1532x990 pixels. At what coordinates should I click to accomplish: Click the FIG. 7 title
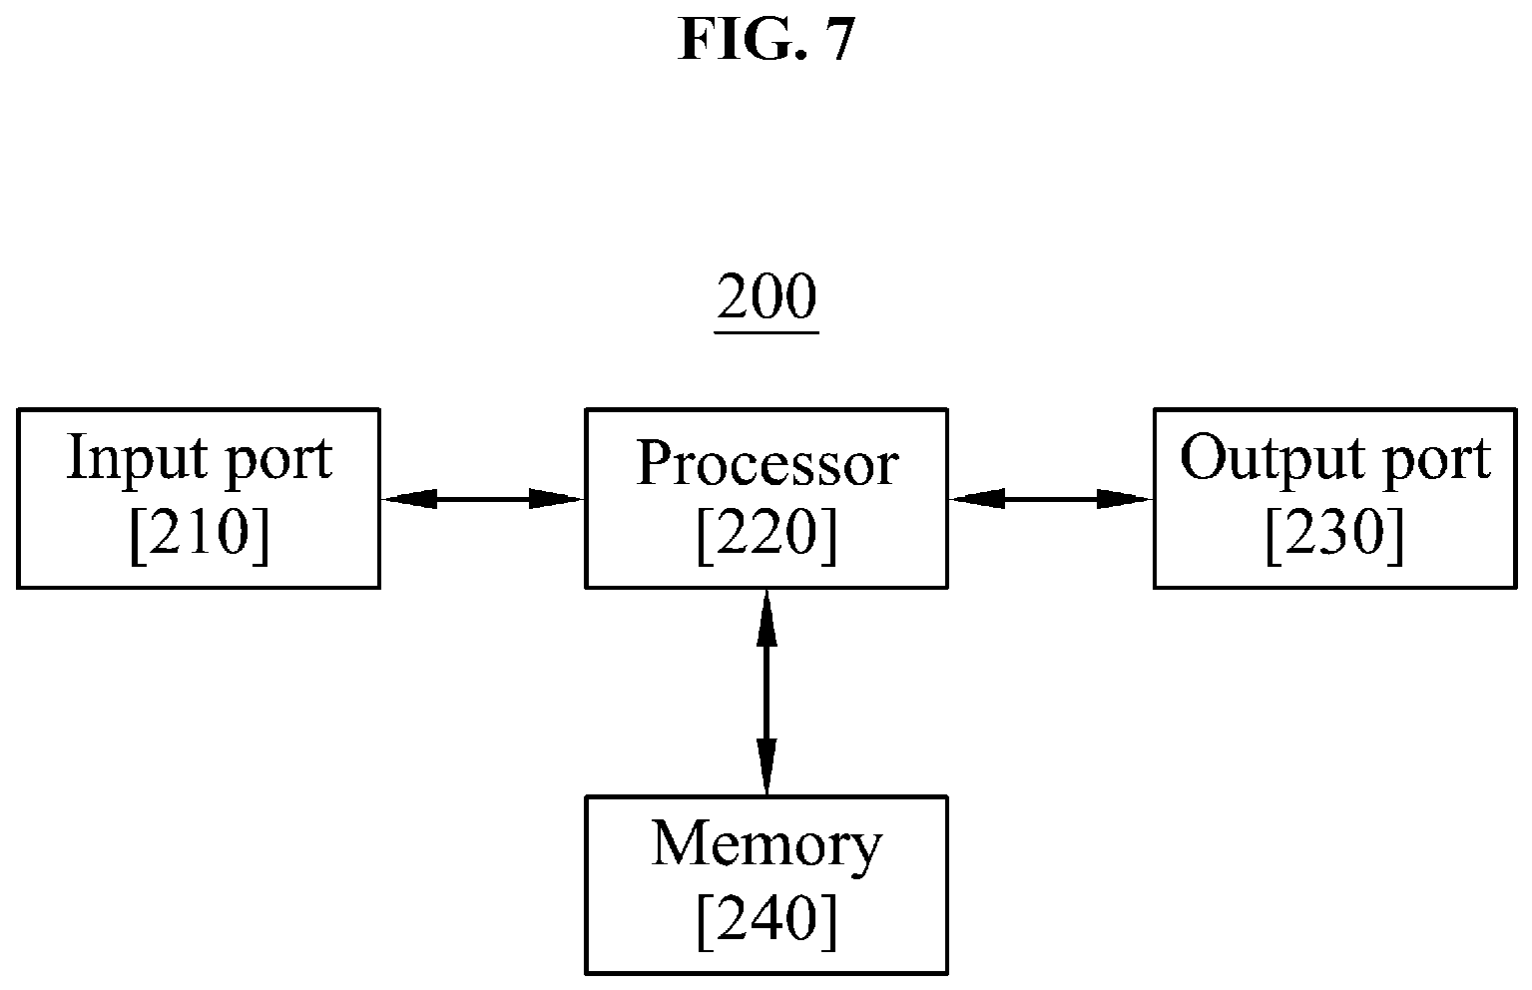[x=766, y=40]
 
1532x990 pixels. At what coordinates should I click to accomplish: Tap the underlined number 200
[x=766, y=296]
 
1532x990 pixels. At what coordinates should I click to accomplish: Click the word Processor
[x=766, y=463]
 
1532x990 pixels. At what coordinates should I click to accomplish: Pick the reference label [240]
[x=766, y=920]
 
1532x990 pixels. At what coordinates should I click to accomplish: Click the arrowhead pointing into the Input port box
[x=409, y=499]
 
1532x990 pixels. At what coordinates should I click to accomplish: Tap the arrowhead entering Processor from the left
[x=556, y=499]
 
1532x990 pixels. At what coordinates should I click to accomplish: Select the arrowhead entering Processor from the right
[x=977, y=499]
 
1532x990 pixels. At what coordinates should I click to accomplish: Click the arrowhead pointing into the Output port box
[x=1125, y=499]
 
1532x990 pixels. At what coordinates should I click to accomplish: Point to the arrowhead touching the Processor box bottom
[x=766, y=618]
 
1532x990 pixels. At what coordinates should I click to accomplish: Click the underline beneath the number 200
[x=766, y=333]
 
